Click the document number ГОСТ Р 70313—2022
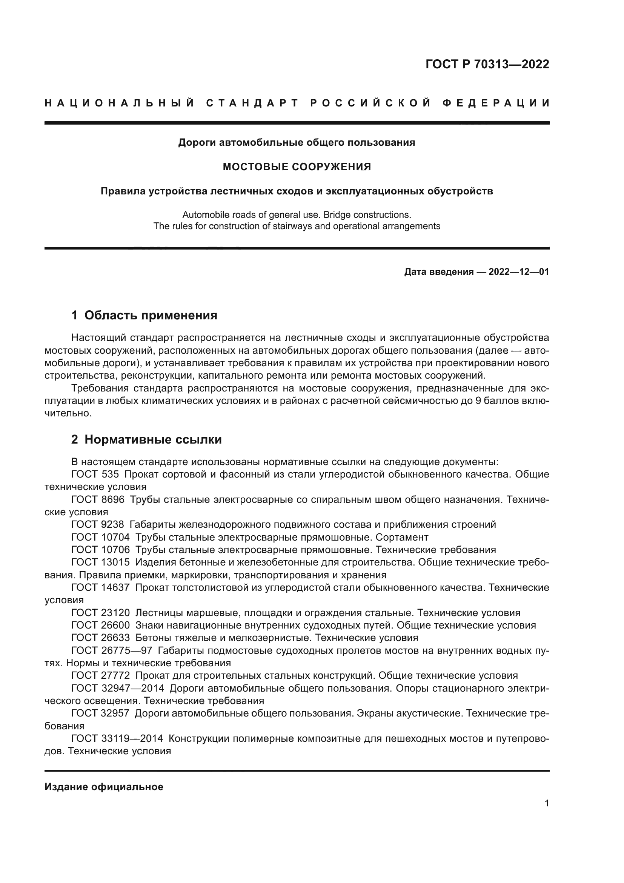pyautogui.click(x=487, y=64)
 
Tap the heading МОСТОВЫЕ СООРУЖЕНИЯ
pyautogui.click(x=297, y=167)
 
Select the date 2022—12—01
pyautogui.click(x=518, y=272)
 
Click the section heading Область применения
pyautogui.click(x=151, y=315)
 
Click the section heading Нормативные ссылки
pyautogui.click(x=153, y=439)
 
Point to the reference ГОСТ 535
pyautogui.click(x=95, y=474)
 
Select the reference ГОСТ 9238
pyautogui.click(x=98, y=525)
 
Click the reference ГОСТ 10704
pyautogui.click(x=101, y=537)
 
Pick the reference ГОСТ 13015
pyautogui.click(x=101, y=562)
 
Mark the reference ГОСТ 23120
pyautogui.click(x=101, y=613)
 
